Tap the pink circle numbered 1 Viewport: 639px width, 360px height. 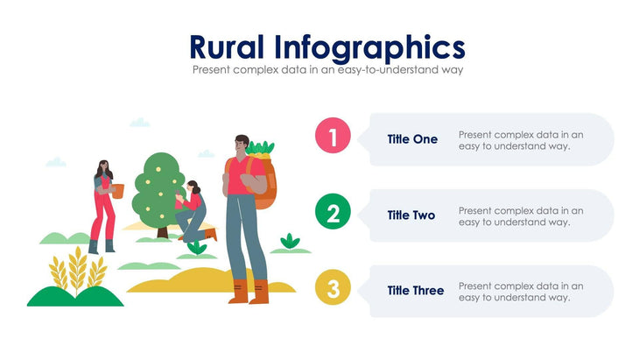333,137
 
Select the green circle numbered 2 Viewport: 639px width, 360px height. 333,213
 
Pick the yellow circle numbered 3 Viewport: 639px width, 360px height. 333,288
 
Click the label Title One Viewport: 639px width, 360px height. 412,139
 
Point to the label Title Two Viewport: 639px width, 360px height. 412,215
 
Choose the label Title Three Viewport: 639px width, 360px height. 416,291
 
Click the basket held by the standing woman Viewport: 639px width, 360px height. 117,190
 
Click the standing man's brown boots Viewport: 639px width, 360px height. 248,293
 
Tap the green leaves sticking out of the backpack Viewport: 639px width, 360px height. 260,149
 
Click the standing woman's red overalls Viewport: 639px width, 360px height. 102,210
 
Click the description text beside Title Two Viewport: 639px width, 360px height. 521,215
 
